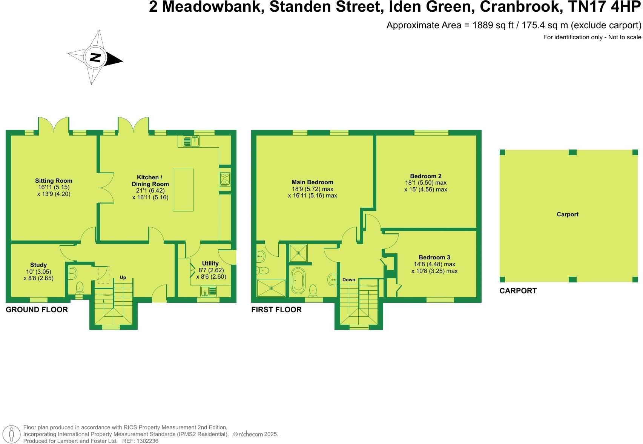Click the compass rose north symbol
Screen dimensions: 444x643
click(95, 58)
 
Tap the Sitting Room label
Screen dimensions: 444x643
click(54, 181)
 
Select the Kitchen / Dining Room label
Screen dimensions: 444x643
click(150, 180)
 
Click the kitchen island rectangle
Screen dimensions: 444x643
click(183, 190)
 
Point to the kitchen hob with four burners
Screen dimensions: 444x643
click(225, 179)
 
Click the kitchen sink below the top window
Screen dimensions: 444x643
click(192, 141)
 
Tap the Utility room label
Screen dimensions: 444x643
click(210, 264)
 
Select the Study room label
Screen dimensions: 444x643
click(38, 265)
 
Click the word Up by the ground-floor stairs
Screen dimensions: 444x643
click(123, 277)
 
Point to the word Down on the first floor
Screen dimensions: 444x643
click(349, 280)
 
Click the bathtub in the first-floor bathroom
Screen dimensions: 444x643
click(298, 281)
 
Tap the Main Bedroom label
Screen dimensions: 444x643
click(312, 182)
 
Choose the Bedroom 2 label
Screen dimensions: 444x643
click(426, 176)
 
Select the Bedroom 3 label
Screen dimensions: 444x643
click(434, 257)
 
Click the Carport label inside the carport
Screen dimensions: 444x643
click(568, 214)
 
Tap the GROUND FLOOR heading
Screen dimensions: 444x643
click(37, 310)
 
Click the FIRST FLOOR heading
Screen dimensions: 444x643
click(276, 310)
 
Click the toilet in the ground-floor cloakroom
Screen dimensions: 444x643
click(80, 288)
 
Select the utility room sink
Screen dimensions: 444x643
click(209, 291)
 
